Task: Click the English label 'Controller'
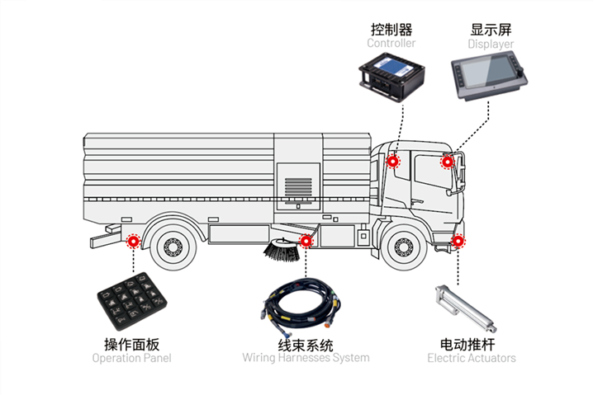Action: tap(391, 43)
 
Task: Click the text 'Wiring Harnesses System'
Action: tap(306, 359)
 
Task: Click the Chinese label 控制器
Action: tap(391, 29)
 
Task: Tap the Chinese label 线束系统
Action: tap(306, 344)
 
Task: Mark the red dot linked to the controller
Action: tap(393, 162)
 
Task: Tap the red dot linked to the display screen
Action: tap(447, 162)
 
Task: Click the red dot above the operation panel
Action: tap(132, 242)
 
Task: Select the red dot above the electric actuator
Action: tap(459, 242)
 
